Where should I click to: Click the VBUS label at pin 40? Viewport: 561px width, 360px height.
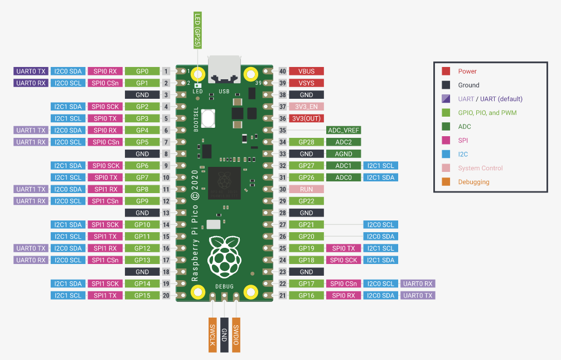click(306, 71)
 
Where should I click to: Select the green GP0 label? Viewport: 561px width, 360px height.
click(142, 71)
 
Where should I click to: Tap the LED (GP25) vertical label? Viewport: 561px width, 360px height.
click(197, 30)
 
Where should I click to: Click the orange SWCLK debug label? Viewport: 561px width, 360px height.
click(212, 335)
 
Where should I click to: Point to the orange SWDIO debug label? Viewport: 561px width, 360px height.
click(236, 335)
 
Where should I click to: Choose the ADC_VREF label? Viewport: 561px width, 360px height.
click(344, 130)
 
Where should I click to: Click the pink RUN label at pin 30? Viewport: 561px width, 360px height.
click(306, 189)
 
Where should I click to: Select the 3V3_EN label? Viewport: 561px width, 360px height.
click(306, 107)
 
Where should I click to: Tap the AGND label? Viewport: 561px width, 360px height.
click(344, 153)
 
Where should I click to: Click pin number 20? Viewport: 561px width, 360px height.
click(166, 295)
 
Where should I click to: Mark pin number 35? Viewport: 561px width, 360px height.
click(283, 130)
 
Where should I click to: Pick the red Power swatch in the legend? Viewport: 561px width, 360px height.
click(446, 71)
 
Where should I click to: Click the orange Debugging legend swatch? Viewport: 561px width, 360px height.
click(446, 181)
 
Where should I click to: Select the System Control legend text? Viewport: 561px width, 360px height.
click(480, 168)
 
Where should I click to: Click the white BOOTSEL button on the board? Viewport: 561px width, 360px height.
click(208, 118)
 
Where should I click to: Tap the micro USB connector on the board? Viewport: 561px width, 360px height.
click(224, 69)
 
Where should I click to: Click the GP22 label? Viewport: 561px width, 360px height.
click(306, 201)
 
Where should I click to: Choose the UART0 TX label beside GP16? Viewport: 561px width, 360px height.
click(418, 295)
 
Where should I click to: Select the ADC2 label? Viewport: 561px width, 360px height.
click(344, 142)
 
